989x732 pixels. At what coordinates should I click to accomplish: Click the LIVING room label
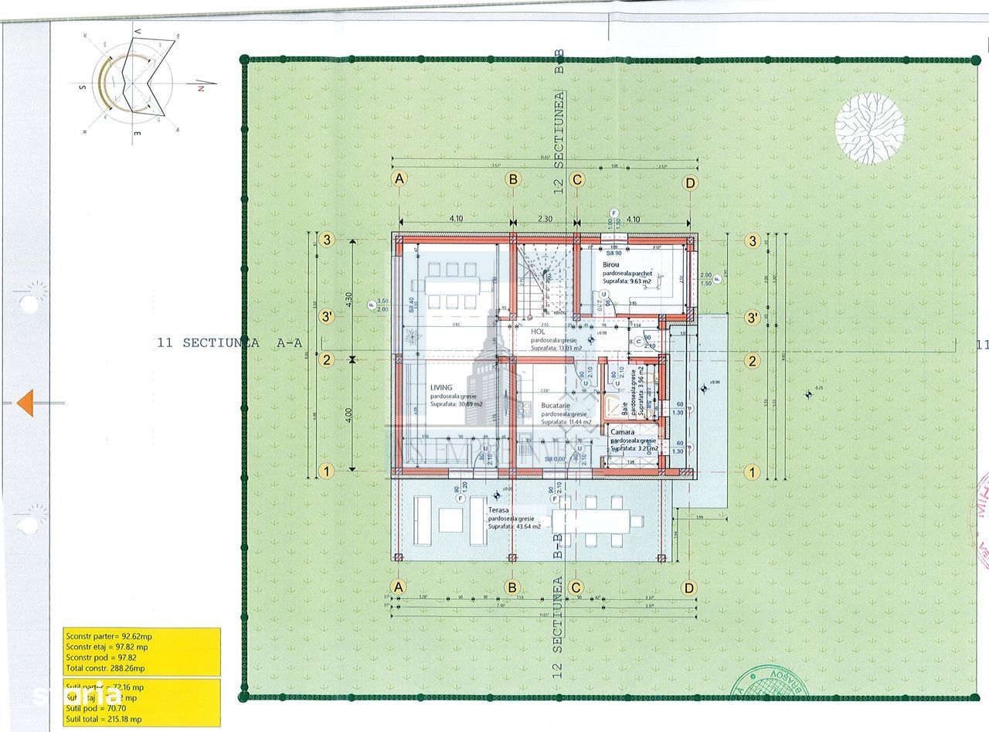(441, 388)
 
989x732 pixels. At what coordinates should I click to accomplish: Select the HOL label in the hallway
(537, 332)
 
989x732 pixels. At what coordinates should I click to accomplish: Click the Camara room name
(622, 432)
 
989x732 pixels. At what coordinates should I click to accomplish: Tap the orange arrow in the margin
(25, 402)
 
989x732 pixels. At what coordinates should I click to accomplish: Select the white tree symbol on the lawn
(870, 128)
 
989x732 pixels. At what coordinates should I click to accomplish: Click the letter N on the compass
(200, 88)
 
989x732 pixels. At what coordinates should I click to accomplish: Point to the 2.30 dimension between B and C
(544, 219)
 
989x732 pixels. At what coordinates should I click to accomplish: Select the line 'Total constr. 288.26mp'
(105, 668)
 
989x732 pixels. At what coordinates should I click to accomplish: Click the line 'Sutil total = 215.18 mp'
(103, 718)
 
